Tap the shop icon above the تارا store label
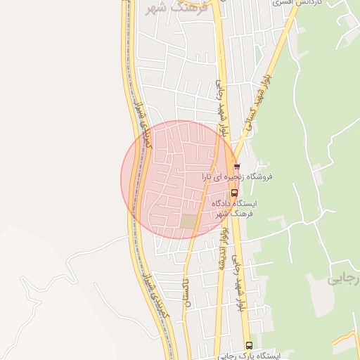click(237, 167)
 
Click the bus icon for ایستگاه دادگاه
click(234, 192)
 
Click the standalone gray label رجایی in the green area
click(343, 279)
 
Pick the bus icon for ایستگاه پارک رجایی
click(249, 345)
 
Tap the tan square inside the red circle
click(188, 221)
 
